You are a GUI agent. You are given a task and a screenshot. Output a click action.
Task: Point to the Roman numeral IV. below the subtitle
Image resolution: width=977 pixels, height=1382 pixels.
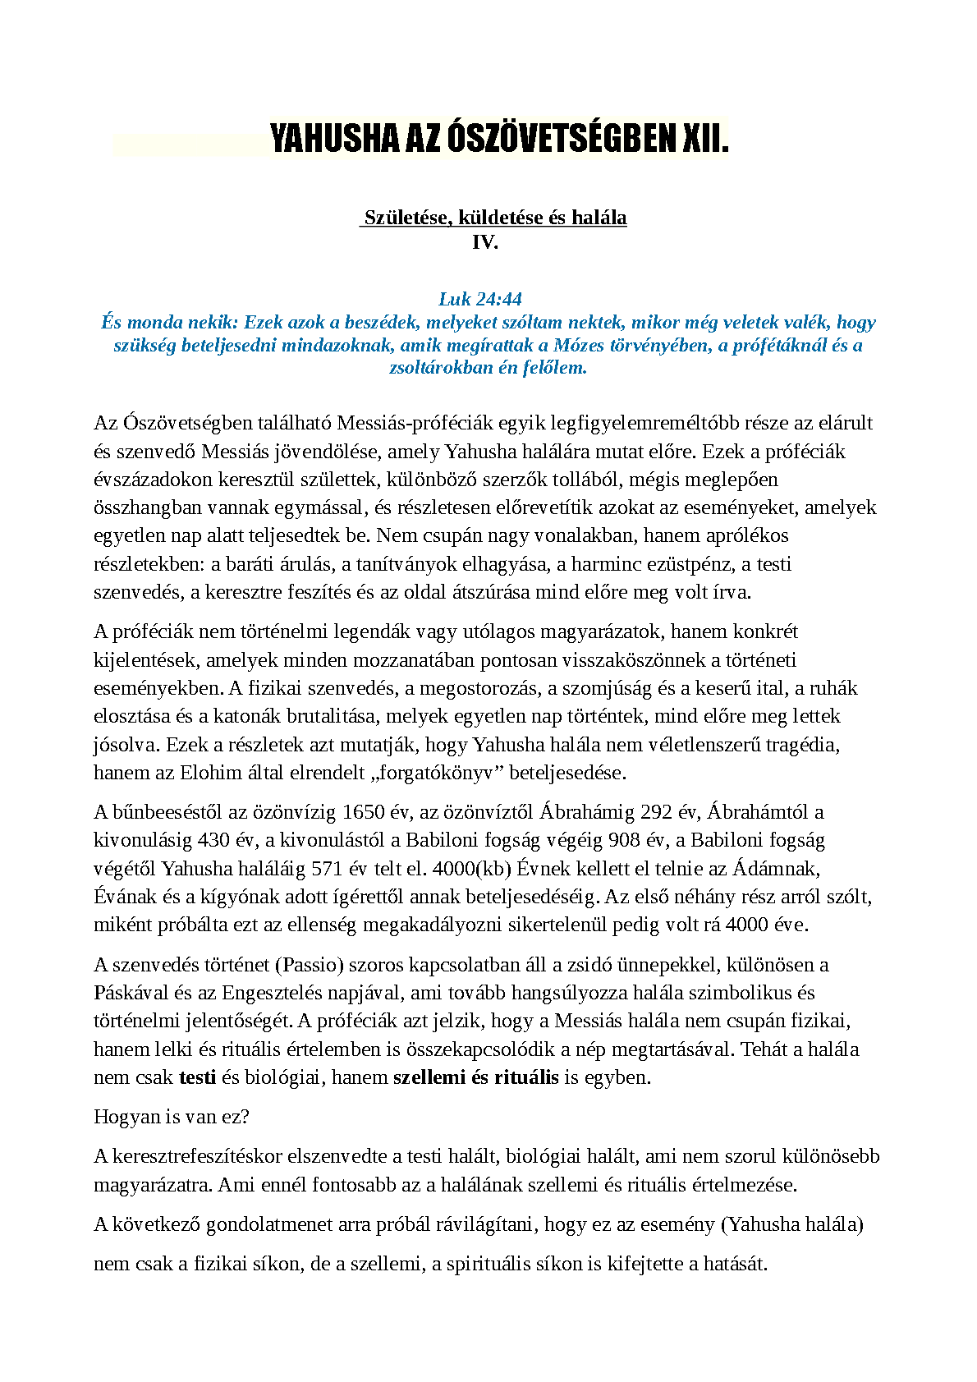pyautogui.click(x=485, y=242)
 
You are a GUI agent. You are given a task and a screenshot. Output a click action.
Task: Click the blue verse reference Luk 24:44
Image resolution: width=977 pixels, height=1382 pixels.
pyautogui.click(x=480, y=299)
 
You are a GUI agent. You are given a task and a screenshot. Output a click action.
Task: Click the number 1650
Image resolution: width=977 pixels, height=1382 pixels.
pyautogui.click(x=364, y=813)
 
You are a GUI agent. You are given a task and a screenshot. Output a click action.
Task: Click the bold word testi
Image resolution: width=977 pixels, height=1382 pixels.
pyautogui.click(x=197, y=1077)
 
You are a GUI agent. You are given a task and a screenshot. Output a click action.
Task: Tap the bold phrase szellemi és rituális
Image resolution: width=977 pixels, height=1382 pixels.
pyautogui.click(x=476, y=1077)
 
